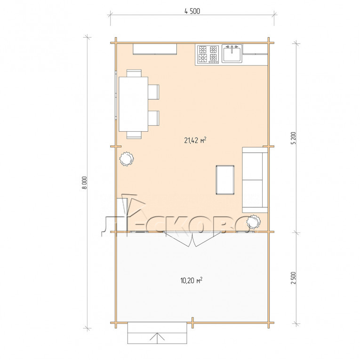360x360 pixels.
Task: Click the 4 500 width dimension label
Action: tap(192, 11)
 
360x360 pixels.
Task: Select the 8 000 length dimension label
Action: tap(85, 183)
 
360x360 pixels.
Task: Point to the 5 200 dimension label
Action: tap(294, 138)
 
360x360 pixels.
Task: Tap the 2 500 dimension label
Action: tap(294, 278)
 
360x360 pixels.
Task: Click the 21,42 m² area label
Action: tap(195, 140)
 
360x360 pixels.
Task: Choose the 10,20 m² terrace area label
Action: tap(192, 280)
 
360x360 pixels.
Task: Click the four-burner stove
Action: tap(208, 55)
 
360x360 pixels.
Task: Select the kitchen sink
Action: tap(232, 54)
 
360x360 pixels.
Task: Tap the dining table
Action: tap(133, 104)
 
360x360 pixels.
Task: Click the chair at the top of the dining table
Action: tap(134, 73)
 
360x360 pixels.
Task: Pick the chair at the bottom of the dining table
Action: tap(134, 135)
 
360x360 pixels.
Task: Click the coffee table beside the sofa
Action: tap(225, 180)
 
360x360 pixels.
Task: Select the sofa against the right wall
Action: tap(255, 180)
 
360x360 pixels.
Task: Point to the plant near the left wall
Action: tap(126, 159)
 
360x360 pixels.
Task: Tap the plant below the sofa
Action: tap(253, 222)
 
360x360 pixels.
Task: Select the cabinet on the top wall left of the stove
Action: tap(155, 49)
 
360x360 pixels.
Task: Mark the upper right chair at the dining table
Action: tap(153, 92)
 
